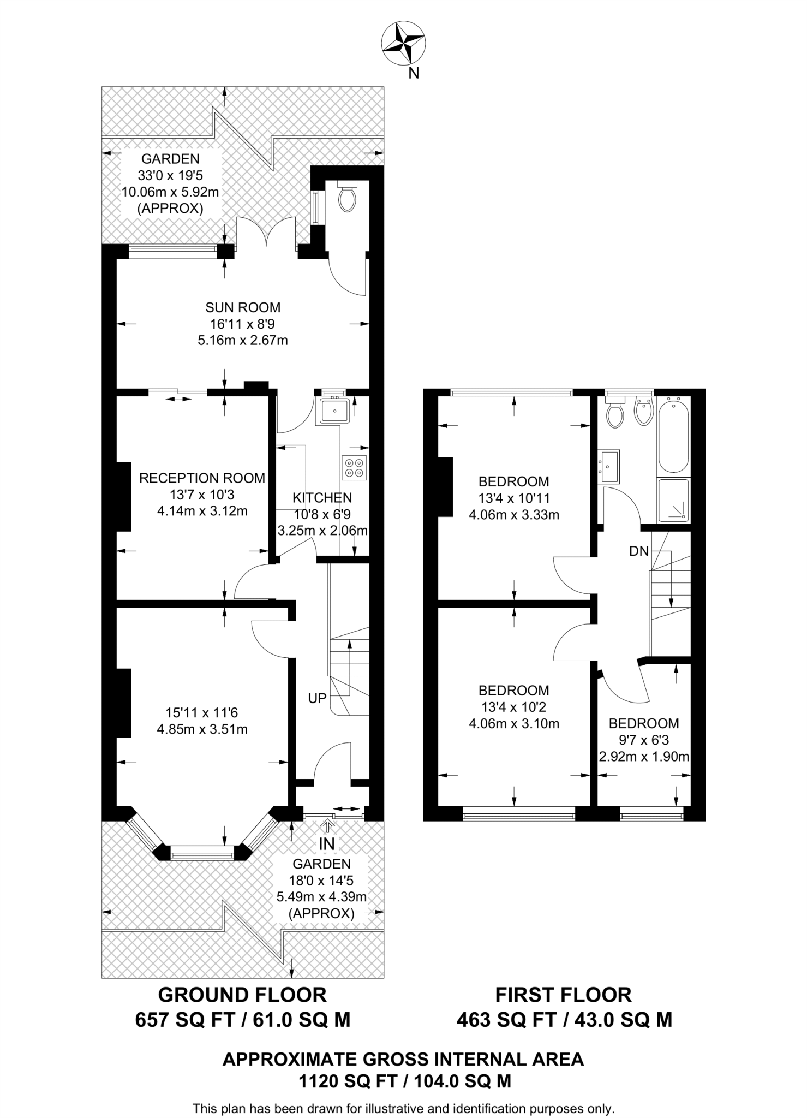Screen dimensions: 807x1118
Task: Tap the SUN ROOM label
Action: click(x=243, y=307)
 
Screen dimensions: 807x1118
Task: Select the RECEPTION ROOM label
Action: click(x=202, y=478)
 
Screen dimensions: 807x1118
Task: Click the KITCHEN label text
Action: click(x=322, y=498)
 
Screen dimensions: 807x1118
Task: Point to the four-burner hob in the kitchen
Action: click(x=354, y=468)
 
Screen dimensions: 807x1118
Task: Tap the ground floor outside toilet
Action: click(x=347, y=196)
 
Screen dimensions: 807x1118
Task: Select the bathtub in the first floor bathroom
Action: click(x=674, y=435)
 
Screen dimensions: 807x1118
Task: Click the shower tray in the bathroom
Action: click(x=674, y=501)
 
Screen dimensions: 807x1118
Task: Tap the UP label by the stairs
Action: click(x=318, y=698)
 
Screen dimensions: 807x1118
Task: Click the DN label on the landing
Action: click(x=639, y=551)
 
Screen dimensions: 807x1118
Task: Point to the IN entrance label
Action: click(x=327, y=844)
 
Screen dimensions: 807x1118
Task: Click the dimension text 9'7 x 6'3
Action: click(x=644, y=740)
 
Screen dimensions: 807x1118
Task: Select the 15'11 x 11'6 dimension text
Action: click(x=202, y=712)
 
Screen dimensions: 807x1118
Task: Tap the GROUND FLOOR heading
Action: click(x=242, y=995)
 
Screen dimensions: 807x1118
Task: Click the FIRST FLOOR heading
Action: click(x=564, y=995)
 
